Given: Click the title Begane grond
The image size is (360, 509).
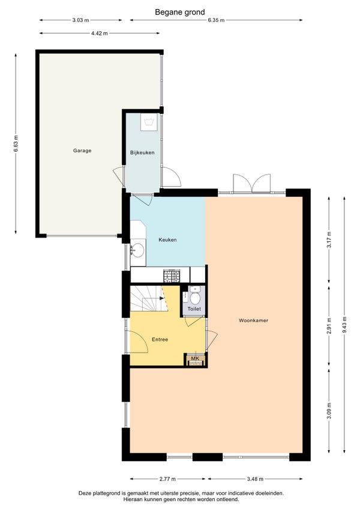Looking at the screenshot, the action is coord(180,13).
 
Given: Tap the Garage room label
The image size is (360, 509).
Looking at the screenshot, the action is coord(82,151).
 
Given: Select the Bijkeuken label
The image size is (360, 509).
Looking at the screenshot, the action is coord(142,152).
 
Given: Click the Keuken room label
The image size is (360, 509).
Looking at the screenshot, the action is coord(167,240).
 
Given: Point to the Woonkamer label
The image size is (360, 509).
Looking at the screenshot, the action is coord(254,321).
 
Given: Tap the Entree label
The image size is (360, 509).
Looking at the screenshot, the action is coord(160,340).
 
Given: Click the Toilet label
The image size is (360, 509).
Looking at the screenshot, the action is coord(194,309).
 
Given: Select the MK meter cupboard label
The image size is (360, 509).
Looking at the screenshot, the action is coord(195,358).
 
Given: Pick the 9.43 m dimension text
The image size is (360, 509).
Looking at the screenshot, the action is coord(344,325).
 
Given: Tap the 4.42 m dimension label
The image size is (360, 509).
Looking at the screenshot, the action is coord(100,33).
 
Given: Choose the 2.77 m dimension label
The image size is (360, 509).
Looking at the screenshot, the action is coord(168,479).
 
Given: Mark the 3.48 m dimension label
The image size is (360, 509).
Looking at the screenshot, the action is coord(255,479).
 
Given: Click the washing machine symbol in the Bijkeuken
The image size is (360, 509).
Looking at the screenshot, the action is coord(149,122).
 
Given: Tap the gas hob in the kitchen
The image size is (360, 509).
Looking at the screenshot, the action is coord(172,276).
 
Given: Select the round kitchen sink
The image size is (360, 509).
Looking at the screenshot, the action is coord(137,250).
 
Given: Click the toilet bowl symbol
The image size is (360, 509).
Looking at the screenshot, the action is coord(195,298).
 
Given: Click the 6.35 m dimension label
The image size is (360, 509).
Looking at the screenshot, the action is coord(216,20).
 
